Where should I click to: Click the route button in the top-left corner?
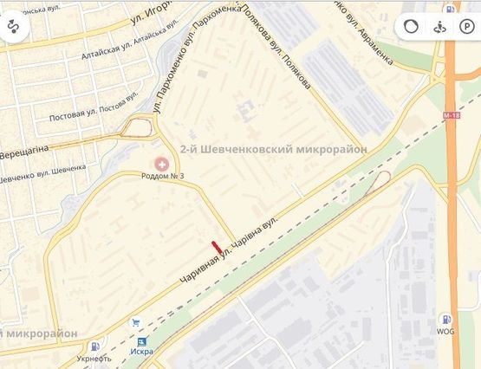(x=15, y=26)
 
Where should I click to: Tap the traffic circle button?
(x=411, y=26)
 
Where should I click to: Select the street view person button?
(x=439, y=26)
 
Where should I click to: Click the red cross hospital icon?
(x=162, y=163)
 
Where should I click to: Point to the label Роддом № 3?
(x=162, y=177)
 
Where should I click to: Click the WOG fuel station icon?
(x=445, y=320)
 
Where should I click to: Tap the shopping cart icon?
(x=135, y=322)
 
